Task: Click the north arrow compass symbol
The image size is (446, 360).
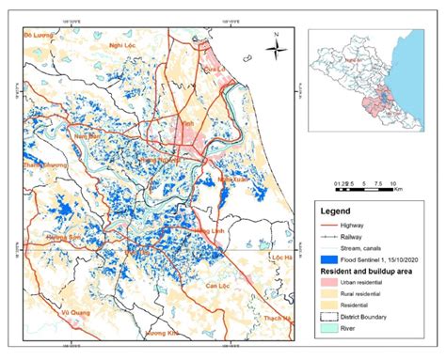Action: point(273,44)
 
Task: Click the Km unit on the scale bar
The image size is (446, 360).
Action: point(398,188)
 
